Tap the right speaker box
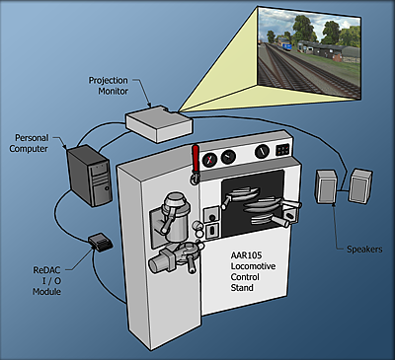point(359,184)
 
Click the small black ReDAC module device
point(99,242)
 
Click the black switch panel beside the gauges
point(283,150)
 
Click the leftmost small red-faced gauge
point(209,156)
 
